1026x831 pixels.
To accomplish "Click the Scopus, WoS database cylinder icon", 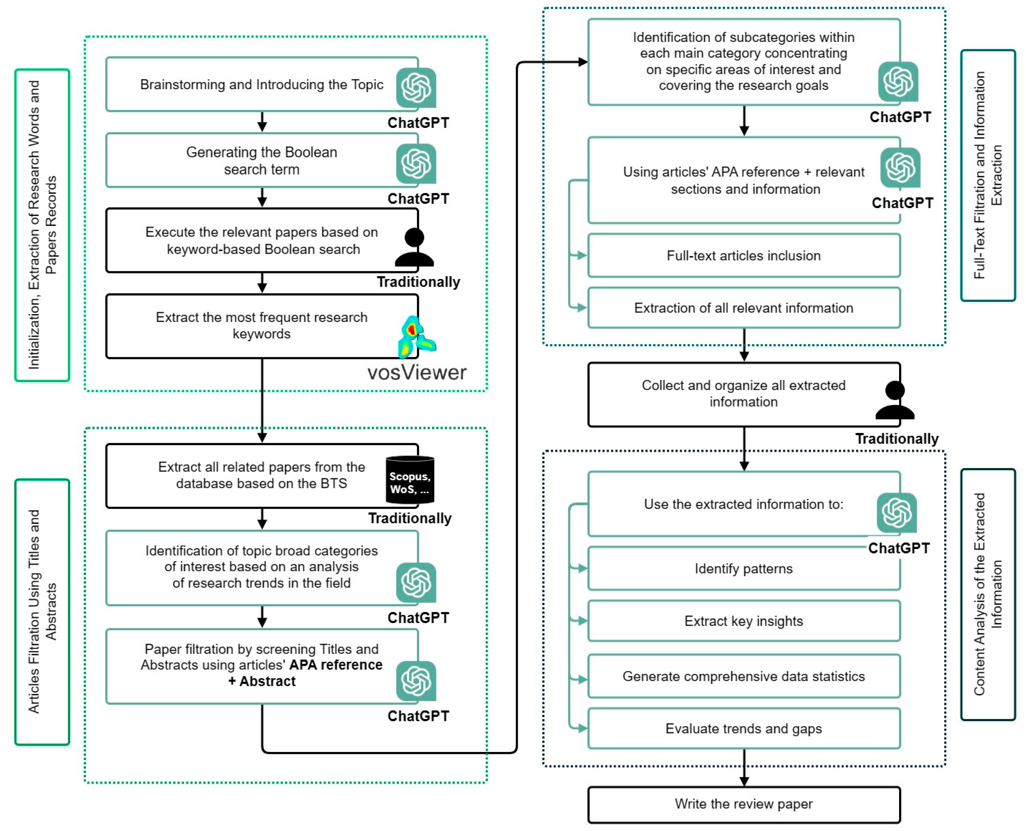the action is point(410,480).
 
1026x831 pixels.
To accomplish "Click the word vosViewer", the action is point(417,372).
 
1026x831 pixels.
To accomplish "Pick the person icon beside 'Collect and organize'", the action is point(895,400).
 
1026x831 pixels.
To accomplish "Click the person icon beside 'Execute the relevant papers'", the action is point(414,247).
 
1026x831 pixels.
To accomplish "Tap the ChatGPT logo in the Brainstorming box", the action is point(416,88).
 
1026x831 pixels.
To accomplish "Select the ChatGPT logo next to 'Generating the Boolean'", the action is point(416,164).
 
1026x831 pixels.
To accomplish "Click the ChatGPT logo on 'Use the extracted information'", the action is point(897,513).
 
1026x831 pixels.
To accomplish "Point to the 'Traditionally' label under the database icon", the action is point(410,518).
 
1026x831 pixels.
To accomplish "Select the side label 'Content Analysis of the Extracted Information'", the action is point(988,594).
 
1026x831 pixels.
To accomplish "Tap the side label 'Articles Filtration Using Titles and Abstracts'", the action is point(42,612).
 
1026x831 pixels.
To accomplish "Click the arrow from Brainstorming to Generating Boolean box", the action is point(262,122).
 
